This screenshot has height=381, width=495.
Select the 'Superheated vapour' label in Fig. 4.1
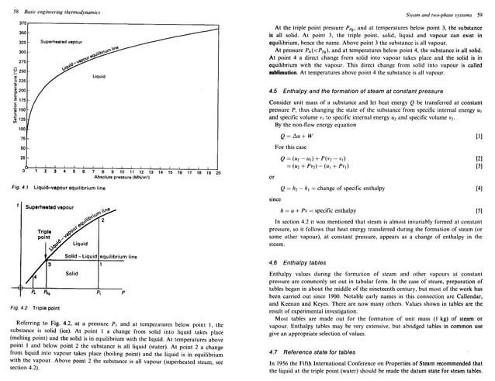coord(54,42)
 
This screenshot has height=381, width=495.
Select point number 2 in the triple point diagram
coord(102,222)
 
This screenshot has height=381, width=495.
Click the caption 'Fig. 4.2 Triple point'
coord(36,310)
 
